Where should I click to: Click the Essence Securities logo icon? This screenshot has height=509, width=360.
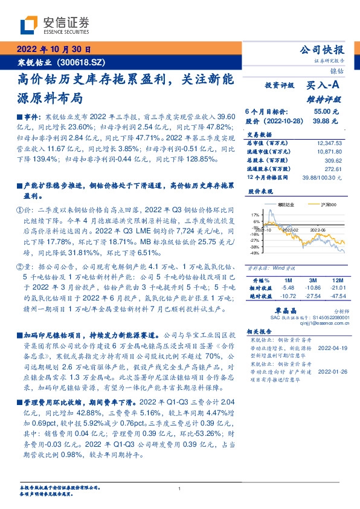tap(28, 26)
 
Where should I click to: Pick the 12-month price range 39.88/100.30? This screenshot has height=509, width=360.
tap(321, 178)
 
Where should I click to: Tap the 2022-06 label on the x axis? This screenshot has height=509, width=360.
tap(318, 230)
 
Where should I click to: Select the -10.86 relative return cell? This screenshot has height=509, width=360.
tap(312, 288)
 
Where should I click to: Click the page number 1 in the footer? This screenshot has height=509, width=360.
tap(180, 488)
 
